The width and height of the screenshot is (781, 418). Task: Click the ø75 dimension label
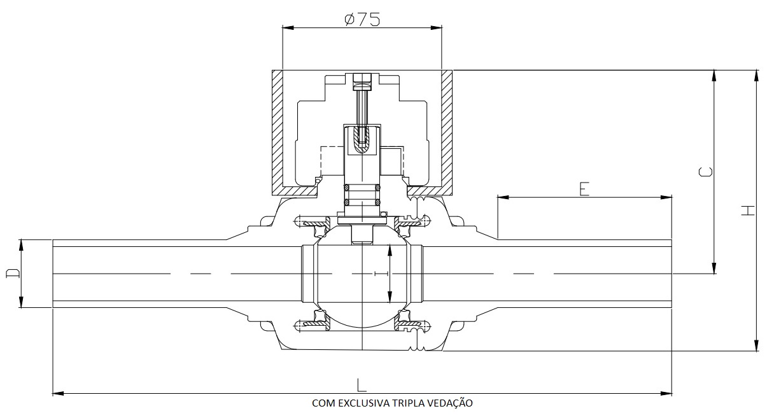pos(362,20)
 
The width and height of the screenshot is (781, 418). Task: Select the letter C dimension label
pos(706,172)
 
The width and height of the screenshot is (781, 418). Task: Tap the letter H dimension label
pos(748,211)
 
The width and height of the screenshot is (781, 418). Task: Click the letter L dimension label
pos(362,385)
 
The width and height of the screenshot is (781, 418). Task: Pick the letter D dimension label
pos(13,274)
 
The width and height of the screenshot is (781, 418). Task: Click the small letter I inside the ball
pos(376,274)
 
